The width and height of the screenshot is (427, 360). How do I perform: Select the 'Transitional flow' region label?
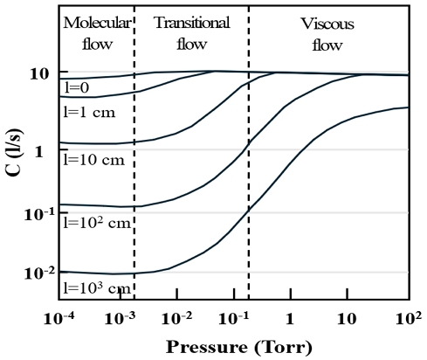[x=191, y=32]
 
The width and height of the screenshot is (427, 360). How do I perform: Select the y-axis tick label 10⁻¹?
[x=38, y=212]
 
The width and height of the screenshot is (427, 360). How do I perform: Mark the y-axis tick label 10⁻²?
[x=38, y=273]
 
